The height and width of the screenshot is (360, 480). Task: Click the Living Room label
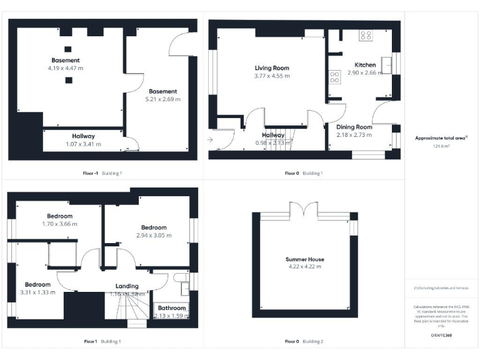tap(272, 68)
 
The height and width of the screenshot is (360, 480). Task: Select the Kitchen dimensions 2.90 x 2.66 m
tap(366, 72)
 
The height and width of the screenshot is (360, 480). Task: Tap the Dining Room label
tap(354, 127)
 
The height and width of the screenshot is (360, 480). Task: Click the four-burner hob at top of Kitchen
tap(366, 36)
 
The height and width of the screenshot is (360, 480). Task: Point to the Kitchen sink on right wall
tap(387, 62)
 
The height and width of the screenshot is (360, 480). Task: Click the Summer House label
tap(304, 259)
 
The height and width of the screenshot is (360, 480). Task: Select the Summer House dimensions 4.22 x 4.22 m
tap(304, 267)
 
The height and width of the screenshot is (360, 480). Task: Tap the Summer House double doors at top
tap(304, 209)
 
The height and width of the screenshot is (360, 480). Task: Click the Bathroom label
tap(171, 308)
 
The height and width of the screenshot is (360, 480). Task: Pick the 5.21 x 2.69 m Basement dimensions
tap(162, 99)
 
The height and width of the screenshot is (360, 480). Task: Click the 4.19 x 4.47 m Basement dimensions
tap(66, 67)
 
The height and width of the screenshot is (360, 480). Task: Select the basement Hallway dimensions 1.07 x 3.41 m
tap(83, 144)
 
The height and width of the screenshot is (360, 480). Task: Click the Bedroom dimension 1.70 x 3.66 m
tap(60, 223)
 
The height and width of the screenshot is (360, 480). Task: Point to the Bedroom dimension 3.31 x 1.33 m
tap(37, 292)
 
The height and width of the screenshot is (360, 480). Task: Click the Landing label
tap(127, 286)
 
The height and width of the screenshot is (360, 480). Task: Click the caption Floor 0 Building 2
tap(304, 341)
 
